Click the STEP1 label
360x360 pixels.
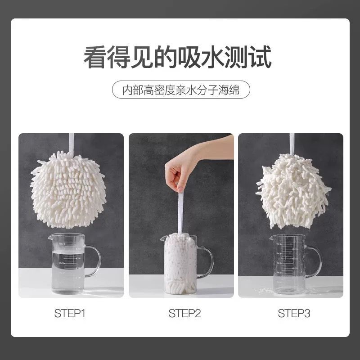click(70, 313)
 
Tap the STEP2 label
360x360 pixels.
click(184, 313)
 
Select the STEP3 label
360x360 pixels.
click(294, 313)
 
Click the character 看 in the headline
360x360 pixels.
click(94, 57)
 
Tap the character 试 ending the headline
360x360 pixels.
click(260, 57)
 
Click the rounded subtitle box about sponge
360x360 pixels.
click(181, 90)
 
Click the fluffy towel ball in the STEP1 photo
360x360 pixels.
click(68, 190)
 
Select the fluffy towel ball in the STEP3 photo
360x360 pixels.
click(293, 192)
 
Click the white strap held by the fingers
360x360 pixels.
click(181, 213)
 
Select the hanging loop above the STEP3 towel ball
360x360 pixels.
click(292, 144)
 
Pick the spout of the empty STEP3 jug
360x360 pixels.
click(272, 238)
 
